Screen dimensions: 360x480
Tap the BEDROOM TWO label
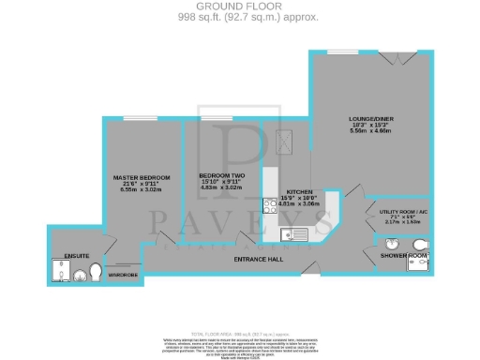click(x=222, y=175)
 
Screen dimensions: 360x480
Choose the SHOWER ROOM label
click(x=404, y=255)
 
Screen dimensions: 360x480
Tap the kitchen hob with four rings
click(x=269, y=202)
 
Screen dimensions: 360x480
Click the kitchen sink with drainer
click(x=294, y=233)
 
